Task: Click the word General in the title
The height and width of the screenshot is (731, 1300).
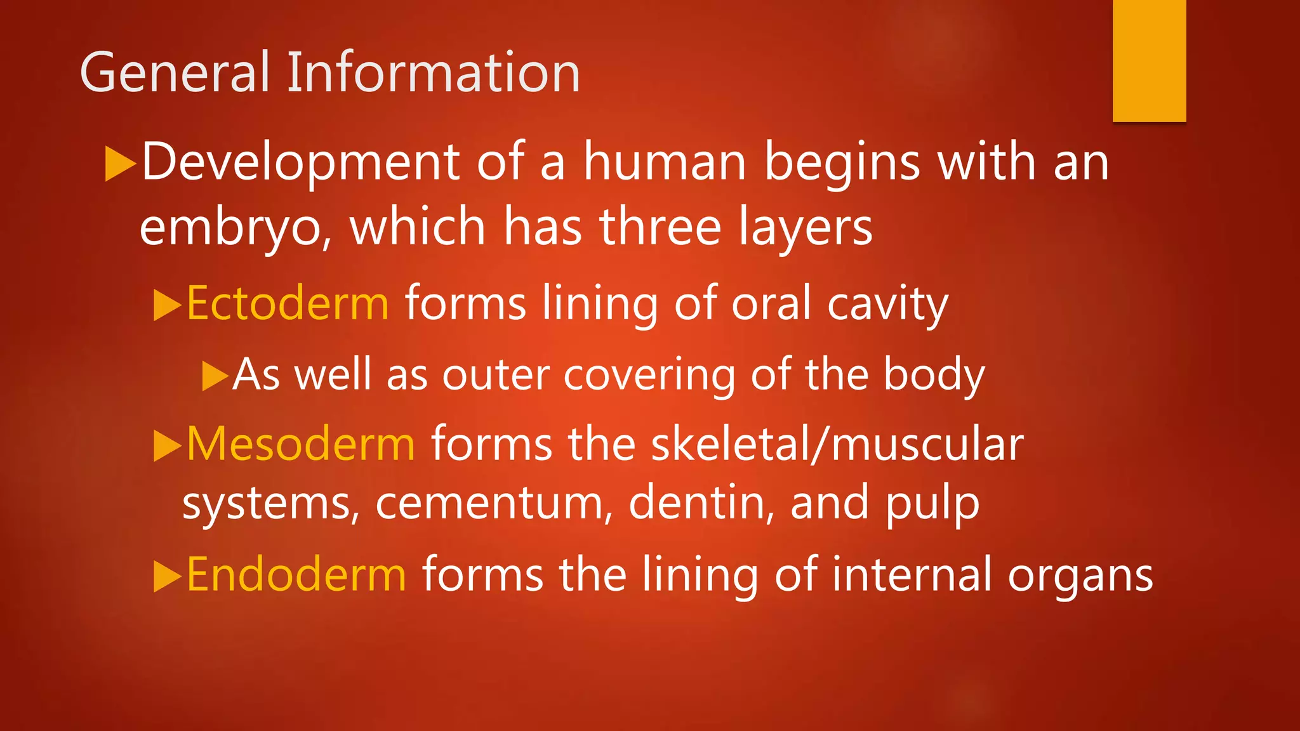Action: click(175, 73)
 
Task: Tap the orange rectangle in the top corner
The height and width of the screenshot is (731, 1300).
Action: click(1149, 60)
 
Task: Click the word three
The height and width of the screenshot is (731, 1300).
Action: click(661, 227)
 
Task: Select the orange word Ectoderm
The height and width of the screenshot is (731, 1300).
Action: click(288, 304)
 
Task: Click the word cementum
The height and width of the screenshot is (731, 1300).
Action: click(489, 503)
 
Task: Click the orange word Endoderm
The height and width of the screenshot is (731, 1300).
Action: click(296, 575)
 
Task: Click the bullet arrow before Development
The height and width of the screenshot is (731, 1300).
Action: click(120, 164)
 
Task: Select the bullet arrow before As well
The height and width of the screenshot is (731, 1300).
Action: click(215, 376)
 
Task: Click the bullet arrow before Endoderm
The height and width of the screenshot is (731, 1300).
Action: click(168, 576)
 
